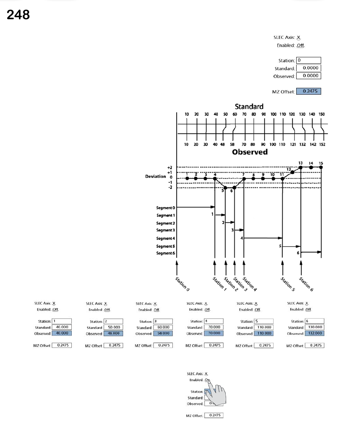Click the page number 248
18,15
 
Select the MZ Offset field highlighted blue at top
308,91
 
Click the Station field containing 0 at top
308,60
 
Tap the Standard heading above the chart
249,106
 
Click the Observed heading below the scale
249,152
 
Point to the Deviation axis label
155,176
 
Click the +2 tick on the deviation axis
170,167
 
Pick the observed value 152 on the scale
322,144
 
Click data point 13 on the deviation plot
301,167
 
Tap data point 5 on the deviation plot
225,187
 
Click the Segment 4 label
166,238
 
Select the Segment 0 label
166,208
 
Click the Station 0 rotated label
183,284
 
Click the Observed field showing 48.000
113,333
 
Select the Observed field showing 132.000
314,333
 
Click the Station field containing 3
163,321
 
